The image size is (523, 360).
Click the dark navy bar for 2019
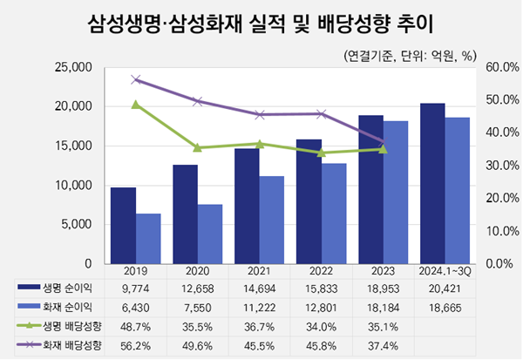pos(123,225)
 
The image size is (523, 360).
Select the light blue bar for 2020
pos(210,234)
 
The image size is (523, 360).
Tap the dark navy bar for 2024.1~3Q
pos(432,183)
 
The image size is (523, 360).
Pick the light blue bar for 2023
pos(396,192)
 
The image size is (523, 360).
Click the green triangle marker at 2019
pos(136,105)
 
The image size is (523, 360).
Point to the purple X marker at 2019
pos(136,79)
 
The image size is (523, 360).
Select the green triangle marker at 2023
pos(384,149)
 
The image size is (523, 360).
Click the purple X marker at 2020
pos(198,101)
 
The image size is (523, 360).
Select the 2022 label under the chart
pos(322,272)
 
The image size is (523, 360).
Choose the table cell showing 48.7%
pos(136,326)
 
